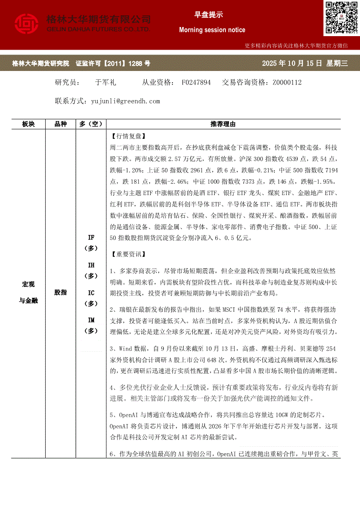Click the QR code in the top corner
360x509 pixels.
tap(340, 18)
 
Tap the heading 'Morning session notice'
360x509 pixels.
tap(212, 30)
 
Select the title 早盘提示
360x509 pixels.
tap(209, 15)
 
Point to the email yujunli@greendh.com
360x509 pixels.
tap(125, 101)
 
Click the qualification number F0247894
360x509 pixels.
tap(196, 82)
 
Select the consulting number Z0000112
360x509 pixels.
tap(287, 82)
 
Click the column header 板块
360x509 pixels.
tap(28, 124)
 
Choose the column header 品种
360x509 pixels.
tap(61, 124)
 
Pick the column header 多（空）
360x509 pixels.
tap(91, 124)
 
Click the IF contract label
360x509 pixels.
tap(91, 237)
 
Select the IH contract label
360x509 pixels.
tap(91, 265)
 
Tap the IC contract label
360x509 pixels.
tap(91, 292)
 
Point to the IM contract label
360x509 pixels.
tap(91, 320)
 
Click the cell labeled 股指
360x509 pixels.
tap(61, 293)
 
